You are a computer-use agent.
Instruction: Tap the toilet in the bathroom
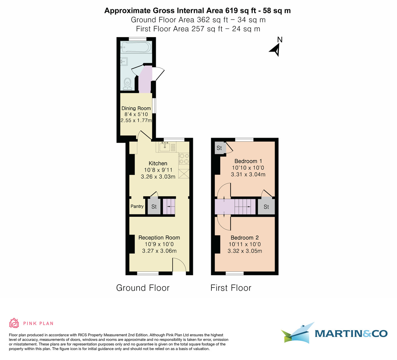coord(128,84)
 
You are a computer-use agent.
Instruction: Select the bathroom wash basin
coord(124,62)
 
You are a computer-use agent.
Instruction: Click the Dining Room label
coord(136,108)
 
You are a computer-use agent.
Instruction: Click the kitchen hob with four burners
coord(184,158)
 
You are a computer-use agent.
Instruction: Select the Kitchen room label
coord(158,163)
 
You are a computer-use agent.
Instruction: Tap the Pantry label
coord(137,206)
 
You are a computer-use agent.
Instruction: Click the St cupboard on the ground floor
coord(154,206)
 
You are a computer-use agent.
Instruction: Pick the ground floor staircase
coord(169,206)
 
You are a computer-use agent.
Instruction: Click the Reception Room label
coord(159,238)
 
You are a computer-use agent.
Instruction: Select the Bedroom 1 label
coord(248,161)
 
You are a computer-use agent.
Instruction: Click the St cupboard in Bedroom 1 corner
coord(219,148)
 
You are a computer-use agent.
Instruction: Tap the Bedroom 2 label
coord(245,238)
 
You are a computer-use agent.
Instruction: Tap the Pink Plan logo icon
coord(14,323)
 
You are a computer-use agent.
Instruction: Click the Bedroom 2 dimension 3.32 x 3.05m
coord(245,251)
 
